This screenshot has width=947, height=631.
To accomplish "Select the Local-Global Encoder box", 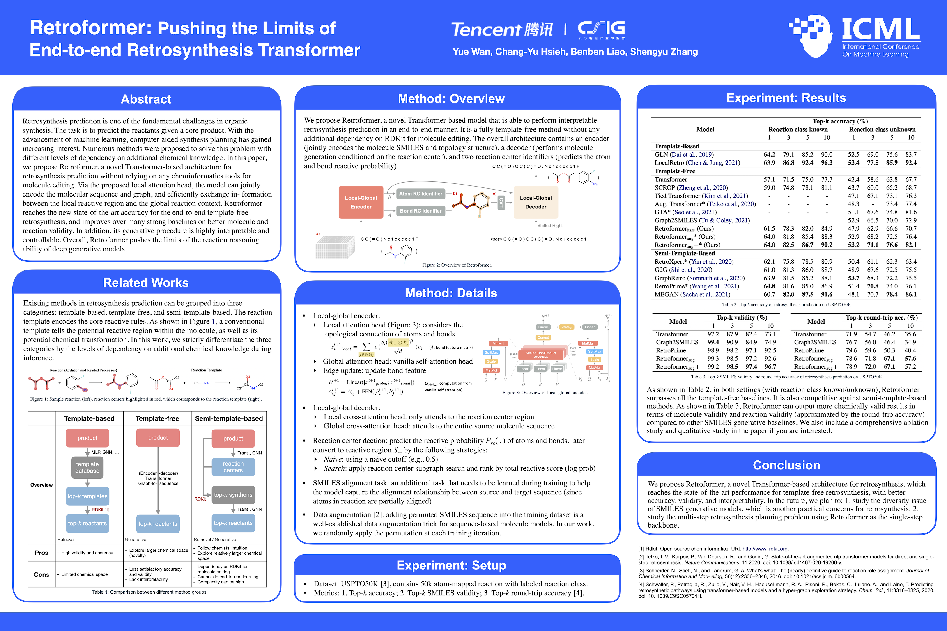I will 361,202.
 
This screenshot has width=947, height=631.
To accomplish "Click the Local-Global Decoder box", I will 536,202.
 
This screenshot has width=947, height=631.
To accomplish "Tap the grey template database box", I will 87,467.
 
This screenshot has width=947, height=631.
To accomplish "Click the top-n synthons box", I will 233,495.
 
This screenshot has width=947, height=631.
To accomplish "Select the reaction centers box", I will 233,467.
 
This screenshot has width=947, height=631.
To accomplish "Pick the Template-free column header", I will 157,418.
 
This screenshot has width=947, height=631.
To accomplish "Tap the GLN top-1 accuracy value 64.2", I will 769,155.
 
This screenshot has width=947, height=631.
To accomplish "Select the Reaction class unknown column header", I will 882,130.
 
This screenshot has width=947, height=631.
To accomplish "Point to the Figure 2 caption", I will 457,265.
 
